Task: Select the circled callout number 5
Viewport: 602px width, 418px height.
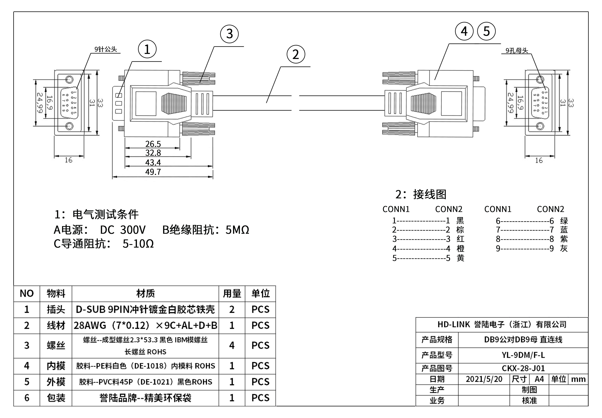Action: click(486, 31)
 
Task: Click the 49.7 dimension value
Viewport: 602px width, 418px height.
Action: click(153, 172)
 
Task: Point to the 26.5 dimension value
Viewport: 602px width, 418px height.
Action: click(153, 144)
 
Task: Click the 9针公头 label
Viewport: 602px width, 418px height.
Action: click(106, 49)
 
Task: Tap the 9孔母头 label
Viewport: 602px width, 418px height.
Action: click(517, 51)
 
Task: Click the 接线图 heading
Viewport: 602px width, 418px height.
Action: click(430, 194)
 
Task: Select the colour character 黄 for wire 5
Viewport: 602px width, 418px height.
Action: click(460, 258)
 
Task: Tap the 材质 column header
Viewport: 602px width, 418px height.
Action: click(145, 293)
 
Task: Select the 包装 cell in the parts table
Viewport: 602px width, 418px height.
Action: click(56, 398)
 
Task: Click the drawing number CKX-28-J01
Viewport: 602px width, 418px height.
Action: click(523, 368)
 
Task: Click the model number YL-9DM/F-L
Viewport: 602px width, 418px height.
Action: click(523, 355)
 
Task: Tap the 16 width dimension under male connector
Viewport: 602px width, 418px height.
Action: click(68, 160)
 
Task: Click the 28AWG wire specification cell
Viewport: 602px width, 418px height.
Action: click(145, 325)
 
